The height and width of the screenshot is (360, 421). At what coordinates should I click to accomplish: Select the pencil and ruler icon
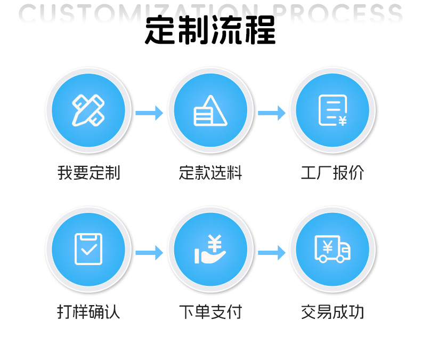[88, 111]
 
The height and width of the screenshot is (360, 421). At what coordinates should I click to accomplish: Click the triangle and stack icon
[210, 111]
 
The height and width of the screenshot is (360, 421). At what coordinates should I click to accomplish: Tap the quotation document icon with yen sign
[333, 111]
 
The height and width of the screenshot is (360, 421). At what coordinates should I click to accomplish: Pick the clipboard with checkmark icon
[88, 249]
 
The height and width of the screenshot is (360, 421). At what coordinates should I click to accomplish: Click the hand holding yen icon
[210, 249]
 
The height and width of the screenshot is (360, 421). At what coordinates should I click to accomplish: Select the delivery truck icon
[333, 249]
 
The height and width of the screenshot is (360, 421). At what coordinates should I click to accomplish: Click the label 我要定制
[88, 173]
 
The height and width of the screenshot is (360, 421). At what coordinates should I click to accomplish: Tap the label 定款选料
[210, 173]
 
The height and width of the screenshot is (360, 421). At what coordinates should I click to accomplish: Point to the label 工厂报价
[333, 173]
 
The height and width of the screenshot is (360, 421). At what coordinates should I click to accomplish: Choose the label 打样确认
[88, 311]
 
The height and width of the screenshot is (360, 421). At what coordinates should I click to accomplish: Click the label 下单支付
[210, 311]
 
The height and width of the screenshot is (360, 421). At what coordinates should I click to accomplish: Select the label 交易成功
[333, 311]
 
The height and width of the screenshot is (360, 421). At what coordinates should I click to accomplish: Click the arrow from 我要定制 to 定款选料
[149, 113]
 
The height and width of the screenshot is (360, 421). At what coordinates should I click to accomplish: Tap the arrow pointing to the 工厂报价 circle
[272, 113]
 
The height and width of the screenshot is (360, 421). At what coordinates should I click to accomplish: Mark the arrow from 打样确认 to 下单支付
[149, 252]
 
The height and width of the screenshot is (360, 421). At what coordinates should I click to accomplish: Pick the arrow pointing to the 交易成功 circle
[272, 252]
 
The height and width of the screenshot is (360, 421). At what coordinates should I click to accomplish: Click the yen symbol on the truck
[327, 247]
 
